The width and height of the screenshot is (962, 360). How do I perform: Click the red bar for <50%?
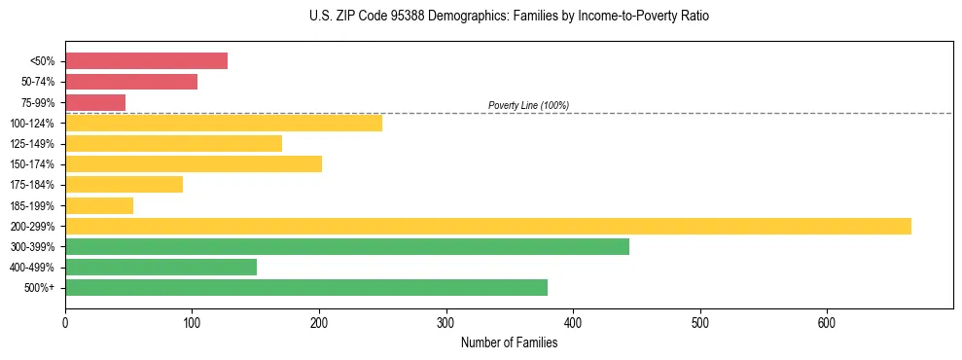(146, 61)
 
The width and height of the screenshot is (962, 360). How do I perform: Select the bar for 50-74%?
(131, 82)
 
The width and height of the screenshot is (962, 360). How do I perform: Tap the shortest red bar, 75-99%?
(95, 102)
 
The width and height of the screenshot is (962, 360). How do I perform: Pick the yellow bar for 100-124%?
(224, 123)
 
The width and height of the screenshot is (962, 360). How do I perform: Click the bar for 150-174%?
(194, 164)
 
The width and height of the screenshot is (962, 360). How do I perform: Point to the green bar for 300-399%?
(347, 246)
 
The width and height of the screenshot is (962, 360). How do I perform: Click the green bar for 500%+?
(306, 287)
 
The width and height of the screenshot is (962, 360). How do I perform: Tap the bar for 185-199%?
(99, 205)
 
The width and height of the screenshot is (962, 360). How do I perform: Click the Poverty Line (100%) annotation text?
(528, 105)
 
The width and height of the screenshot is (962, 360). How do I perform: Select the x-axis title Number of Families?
(509, 342)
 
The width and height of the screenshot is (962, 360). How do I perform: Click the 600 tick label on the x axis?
(827, 322)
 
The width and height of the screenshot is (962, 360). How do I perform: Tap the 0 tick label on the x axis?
(65, 322)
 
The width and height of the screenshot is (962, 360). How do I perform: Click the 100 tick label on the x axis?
(193, 322)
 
